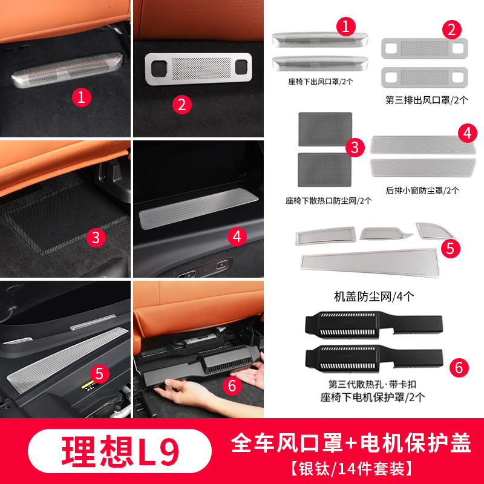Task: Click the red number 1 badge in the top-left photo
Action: [82, 97]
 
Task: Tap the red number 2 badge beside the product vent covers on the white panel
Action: [451, 30]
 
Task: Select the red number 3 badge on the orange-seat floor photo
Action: [96, 238]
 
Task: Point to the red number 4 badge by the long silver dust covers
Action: [467, 133]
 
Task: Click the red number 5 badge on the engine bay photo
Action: [100, 374]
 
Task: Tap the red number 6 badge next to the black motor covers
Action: [459, 368]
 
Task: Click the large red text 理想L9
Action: [120, 451]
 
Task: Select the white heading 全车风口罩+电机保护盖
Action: [350, 443]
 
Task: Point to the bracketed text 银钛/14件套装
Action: [351, 468]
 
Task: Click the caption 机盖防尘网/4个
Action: [374, 296]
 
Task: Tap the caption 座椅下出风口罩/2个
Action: [321, 82]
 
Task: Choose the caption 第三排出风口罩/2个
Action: [427, 100]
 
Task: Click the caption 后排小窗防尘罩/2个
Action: [422, 191]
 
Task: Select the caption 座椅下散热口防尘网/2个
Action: [329, 201]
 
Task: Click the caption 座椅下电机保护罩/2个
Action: [372, 397]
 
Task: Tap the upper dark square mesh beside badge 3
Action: [325, 129]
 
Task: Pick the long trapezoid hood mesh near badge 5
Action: [370, 262]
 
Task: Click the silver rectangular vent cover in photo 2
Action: [198, 69]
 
